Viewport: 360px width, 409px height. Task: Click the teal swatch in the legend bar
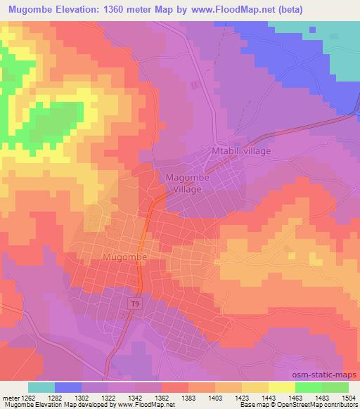[x=41, y=387]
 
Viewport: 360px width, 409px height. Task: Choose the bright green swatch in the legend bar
[x=309, y=387]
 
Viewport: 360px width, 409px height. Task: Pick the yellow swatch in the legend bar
[x=282, y=387]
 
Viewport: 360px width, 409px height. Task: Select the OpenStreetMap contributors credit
[x=323, y=404]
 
